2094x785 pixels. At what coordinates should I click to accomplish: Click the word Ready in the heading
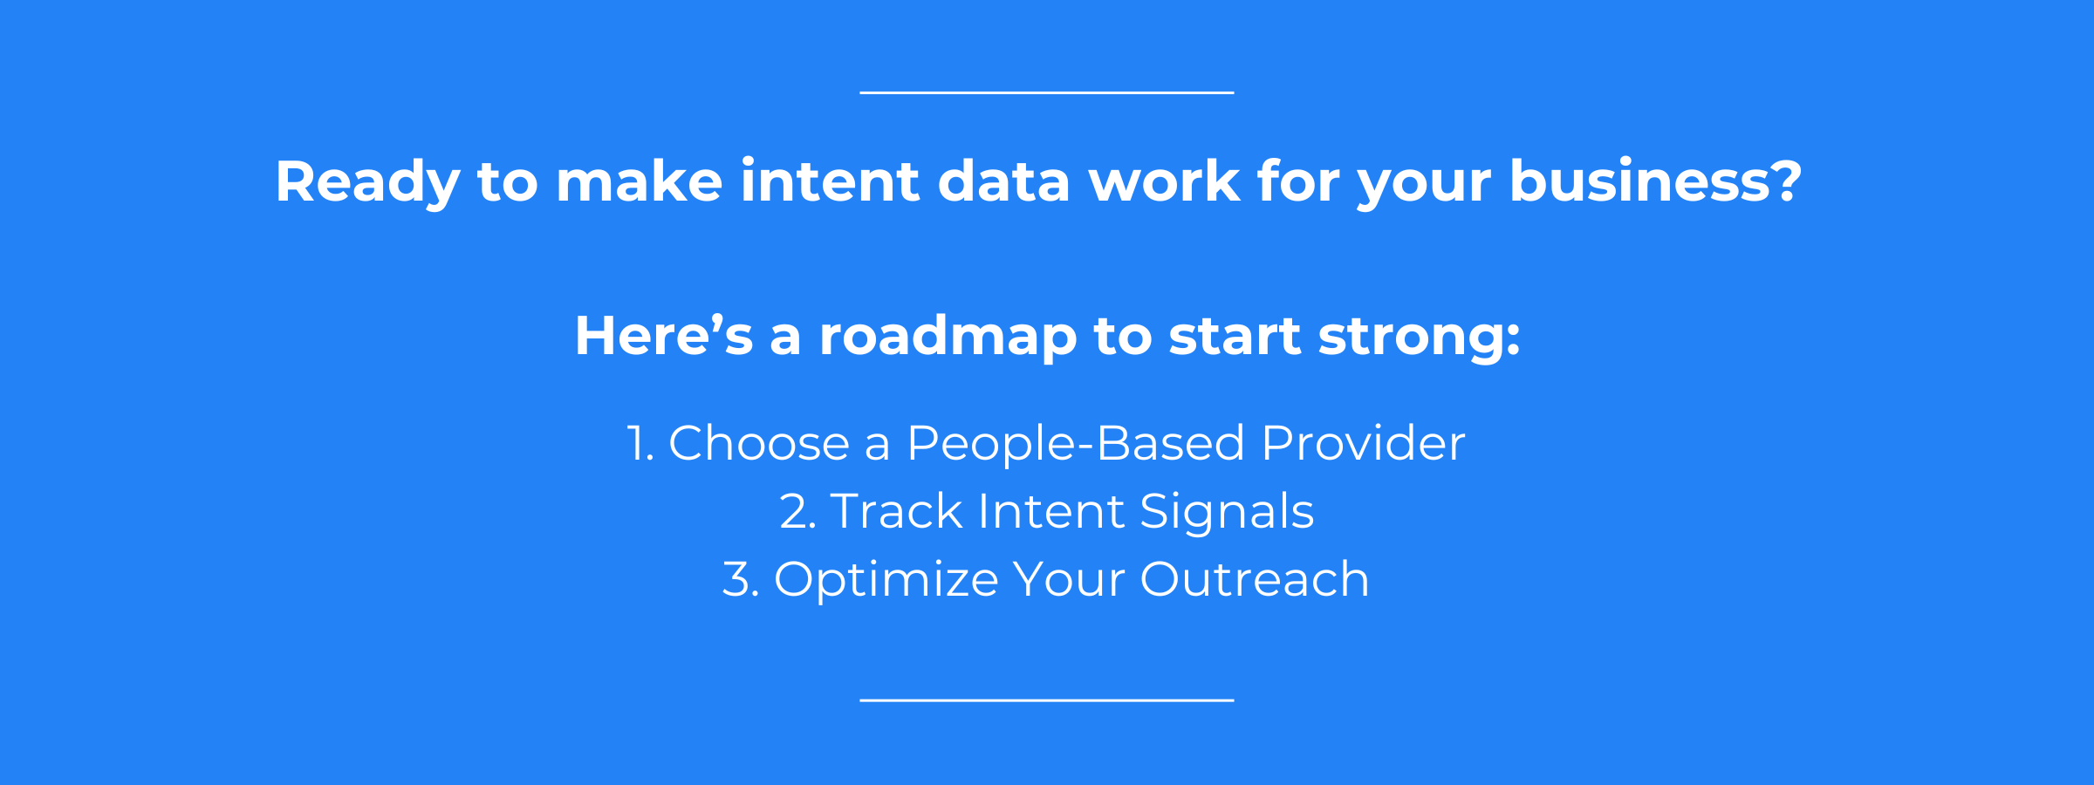(x=367, y=183)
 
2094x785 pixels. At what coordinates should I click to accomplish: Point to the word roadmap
(x=948, y=338)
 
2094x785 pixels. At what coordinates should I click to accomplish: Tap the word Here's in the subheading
(x=663, y=336)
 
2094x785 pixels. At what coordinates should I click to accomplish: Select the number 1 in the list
(x=640, y=444)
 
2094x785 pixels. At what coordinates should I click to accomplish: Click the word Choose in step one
(x=758, y=443)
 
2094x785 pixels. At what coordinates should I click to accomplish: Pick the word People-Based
(x=1075, y=444)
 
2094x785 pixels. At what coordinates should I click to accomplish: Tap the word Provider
(x=1363, y=443)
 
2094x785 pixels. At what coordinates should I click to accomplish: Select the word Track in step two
(x=896, y=511)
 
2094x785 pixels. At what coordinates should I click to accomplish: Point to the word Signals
(x=1227, y=513)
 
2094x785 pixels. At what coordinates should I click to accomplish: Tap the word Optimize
(x=886, y=581)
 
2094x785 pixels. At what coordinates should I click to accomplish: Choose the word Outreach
(x=1254, y=580)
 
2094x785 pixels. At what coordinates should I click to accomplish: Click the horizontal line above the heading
(x=1047, y=92)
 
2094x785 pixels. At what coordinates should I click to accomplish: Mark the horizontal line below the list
(x=1047, y=700)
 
